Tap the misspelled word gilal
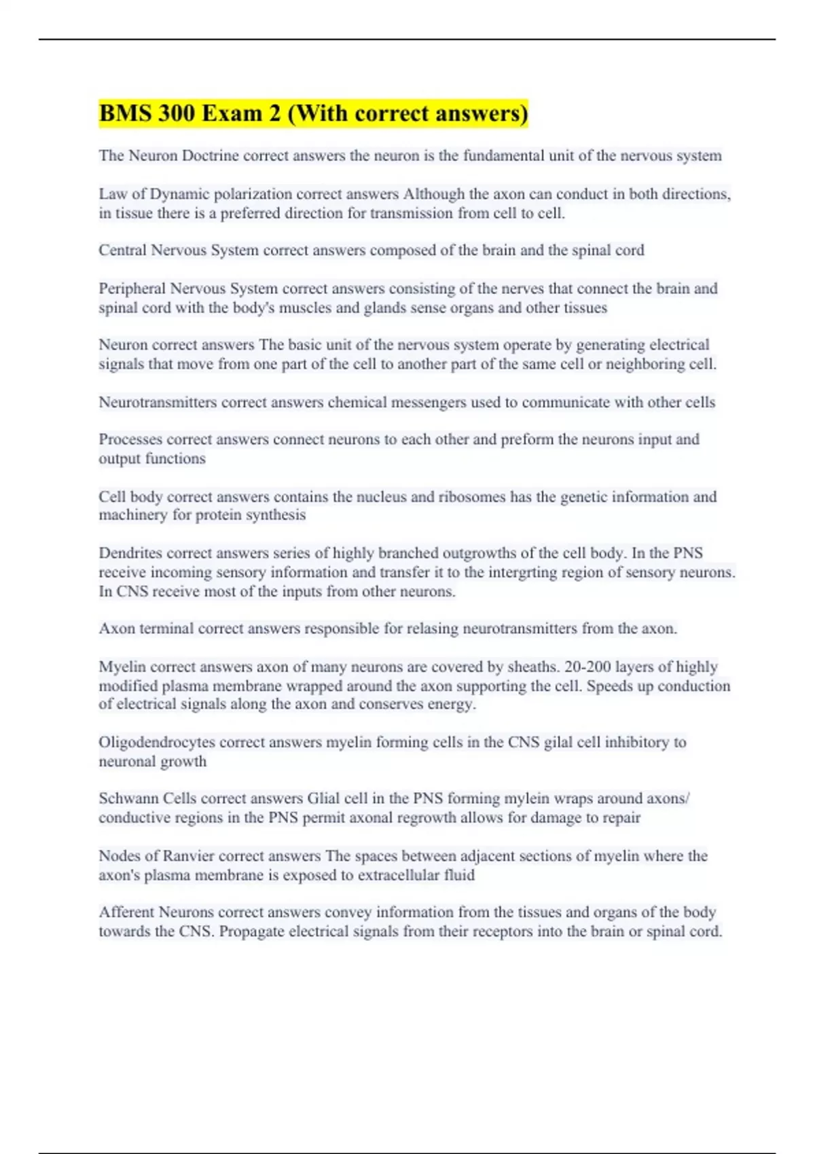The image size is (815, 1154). (x=558, y=742)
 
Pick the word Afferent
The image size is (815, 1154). (x=126, y=912)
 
